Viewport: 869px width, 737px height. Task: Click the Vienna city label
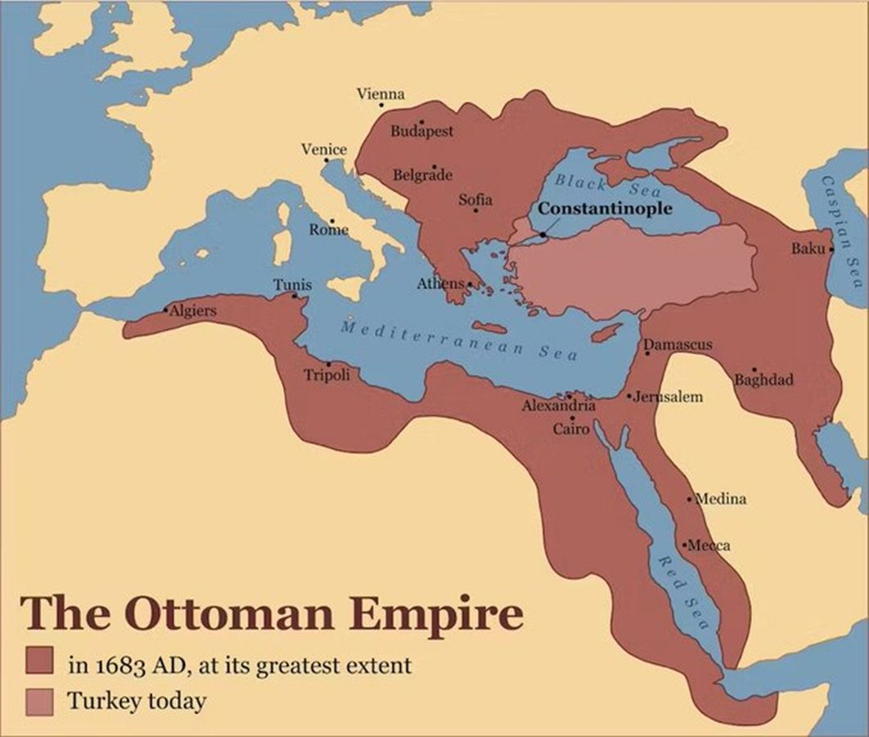pos(380,95)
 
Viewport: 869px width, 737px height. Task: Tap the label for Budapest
pos(421,131)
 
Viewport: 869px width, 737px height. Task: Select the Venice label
pos(324,150)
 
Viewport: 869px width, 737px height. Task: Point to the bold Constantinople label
pos(606,209)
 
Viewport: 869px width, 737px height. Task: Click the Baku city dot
pos(831,249)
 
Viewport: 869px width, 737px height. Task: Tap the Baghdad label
pos(763,380)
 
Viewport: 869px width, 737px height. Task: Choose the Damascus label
pos(678,345)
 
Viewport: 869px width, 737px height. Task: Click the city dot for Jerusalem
pos(629,396)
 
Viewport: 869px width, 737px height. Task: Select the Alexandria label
pos(559,406)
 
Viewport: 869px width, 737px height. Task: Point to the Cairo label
pos(570,429)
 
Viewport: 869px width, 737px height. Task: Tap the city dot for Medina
pos(690,498)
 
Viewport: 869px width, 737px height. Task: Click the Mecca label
pos(709,546)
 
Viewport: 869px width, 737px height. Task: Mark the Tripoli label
pos(327,375)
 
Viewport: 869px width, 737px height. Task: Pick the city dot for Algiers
pos(165,310)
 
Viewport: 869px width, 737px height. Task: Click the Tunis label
pos(292,285)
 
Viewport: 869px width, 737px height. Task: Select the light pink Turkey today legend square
pos(39,700)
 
